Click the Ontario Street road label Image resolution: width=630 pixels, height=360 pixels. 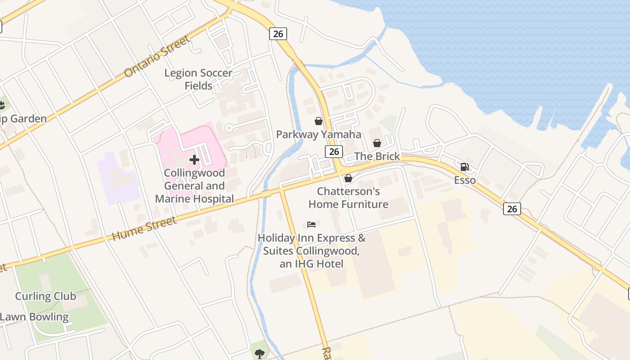pyautogui.click(x=157, y=57)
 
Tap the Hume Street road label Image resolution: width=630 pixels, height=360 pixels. pyautogui.click(x=144, y=228)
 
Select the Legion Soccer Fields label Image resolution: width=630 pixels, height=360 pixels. pyautogui.click(x=198, y=79)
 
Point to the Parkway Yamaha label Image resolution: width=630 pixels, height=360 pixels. pyautogui.click(x=319, y=134)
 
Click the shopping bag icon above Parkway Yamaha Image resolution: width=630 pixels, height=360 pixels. pyautogui.click(x=319, y=121)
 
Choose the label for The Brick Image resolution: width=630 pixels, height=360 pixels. pyautogui.click(x=377, y=156)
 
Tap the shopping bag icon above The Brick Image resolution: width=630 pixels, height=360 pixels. pyautogui.click(x=377, y=143)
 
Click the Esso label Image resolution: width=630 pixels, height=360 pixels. pyautogui.click(x=465, y=180)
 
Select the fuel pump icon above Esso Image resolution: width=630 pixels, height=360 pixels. pyautogui.click(x=465, y=167)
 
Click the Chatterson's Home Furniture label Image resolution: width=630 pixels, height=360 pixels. pyautogui.click(x=348, y=198)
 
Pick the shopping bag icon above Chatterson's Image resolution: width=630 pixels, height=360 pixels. pyautogui.click(x=348, y=178)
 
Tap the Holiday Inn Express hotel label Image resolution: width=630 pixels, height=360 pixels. pyautogui.click(x=311, y=251)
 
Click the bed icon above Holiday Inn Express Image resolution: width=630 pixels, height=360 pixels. pyautogui.click(x=311, y=224)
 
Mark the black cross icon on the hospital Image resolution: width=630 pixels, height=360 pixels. pyautogui.click(x=194, y=160)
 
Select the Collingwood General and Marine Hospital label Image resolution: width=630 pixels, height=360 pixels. pyautogui.click(x=194, y=186)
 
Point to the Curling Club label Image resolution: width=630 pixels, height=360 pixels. pyautogui.click(x=45, y=296)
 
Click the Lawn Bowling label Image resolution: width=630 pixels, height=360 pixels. pyautogui.click(x=34, y=317)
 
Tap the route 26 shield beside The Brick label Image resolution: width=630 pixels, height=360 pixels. pyautogui.click(x=334, y=152)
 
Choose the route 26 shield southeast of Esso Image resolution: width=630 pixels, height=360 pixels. pyautogui.click(x=512, y=208)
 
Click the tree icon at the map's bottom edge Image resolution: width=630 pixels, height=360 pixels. pyautogui.click(x=259, y=354)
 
